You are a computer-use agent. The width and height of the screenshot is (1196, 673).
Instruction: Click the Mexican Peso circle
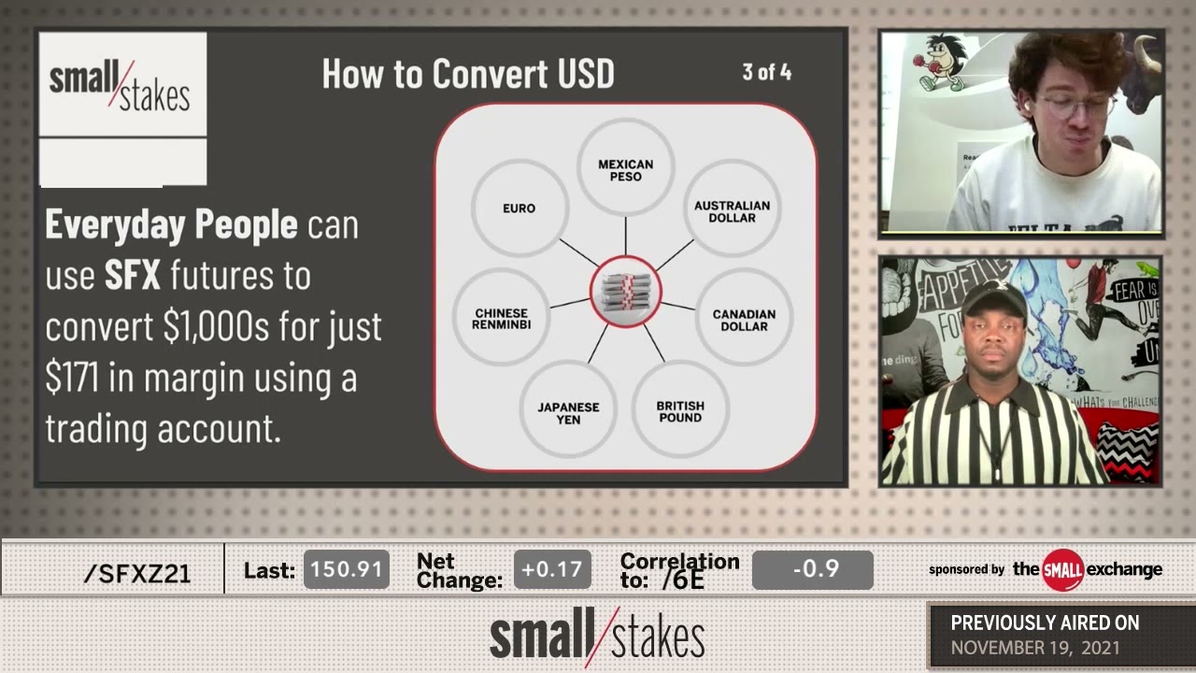[625, 168]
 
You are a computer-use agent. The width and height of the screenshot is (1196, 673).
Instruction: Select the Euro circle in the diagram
[519, 208]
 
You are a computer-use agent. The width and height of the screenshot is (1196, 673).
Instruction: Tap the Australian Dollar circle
[732, 210]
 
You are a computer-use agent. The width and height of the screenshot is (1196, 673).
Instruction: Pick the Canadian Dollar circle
[744, 319]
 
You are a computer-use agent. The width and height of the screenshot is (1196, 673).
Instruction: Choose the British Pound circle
[679, 410]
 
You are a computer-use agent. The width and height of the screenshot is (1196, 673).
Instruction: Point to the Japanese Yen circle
[568, 411]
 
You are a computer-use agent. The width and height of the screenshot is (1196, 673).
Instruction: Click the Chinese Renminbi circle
[502, 318]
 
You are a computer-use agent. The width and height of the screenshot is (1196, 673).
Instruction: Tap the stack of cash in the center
[625, 292]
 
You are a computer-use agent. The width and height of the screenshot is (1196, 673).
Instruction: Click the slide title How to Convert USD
[467, 74]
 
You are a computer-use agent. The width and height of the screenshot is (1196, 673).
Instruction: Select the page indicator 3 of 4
[766, 72]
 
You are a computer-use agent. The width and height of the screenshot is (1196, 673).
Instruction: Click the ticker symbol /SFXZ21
[136, 573]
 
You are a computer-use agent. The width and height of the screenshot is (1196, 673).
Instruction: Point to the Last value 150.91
[347, 569]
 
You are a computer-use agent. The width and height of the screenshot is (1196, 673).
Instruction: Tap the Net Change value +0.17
[552, 569]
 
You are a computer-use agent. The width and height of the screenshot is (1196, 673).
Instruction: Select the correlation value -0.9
[812, 569]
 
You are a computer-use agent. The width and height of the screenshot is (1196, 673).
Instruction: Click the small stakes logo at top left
[121, 85]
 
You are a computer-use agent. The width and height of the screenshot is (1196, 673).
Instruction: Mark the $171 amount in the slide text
[73, 379]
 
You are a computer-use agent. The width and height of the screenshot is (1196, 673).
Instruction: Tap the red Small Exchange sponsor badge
[1062, 569]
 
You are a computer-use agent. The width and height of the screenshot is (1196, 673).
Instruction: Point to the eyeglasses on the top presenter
[1075, 106]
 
